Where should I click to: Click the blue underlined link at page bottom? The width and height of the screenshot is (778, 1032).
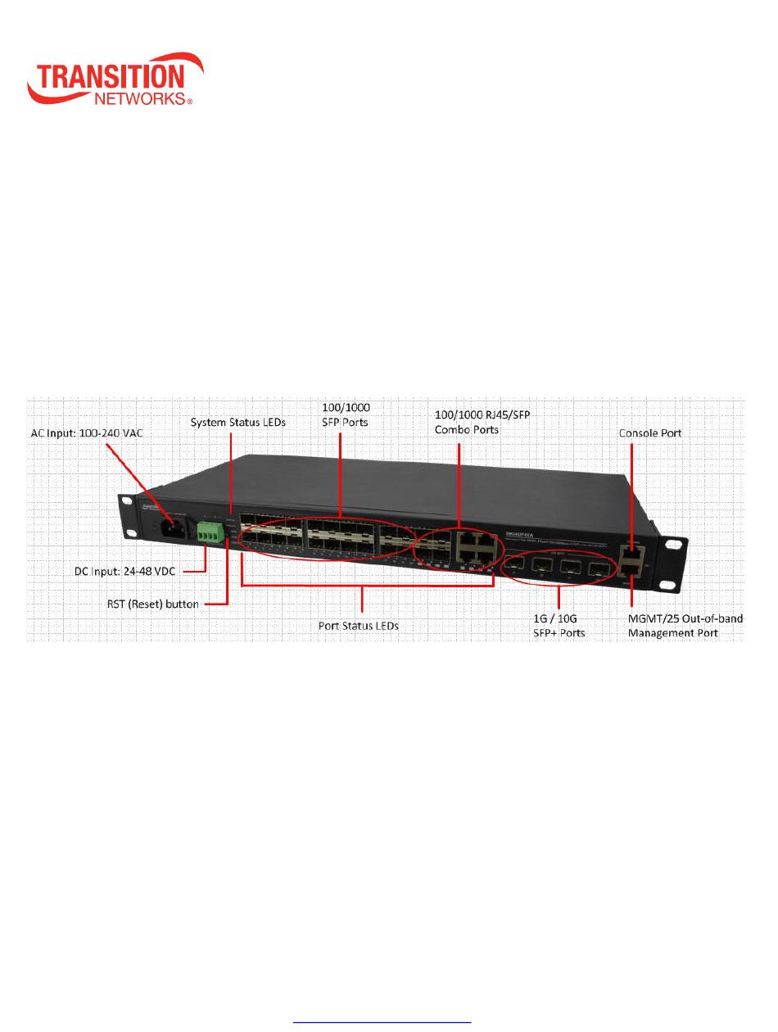pyautogui.click(x=384, y=1021)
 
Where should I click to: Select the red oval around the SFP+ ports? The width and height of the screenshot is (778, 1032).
pyautogui.click(x=560, y=570)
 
